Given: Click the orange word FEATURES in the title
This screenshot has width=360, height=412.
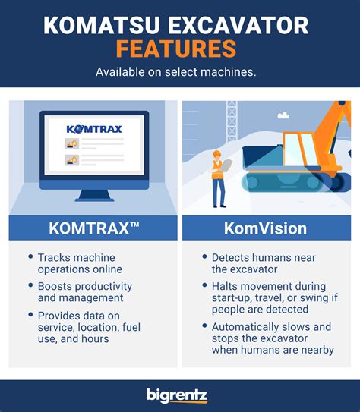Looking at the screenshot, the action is [x=176, y=49].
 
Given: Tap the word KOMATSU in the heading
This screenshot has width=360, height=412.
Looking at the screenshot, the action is [x=102, y=25].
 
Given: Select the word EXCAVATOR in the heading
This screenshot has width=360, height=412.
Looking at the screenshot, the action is [x=238, y=25].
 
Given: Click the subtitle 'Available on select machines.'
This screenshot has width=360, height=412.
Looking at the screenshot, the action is [x=176, y=72].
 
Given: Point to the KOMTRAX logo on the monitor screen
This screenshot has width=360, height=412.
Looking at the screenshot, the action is [x=94, y=129].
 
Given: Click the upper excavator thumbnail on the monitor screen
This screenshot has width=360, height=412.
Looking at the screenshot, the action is [x=72, y=143].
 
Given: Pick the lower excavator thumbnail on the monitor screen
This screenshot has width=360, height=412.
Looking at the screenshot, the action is [x=72, y=160].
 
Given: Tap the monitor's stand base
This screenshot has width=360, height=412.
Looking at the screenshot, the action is [x=94, y=200].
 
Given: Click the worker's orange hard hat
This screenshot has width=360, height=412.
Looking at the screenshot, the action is [x=217, y=153].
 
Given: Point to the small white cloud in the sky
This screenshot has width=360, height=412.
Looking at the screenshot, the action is [x=283, y=115].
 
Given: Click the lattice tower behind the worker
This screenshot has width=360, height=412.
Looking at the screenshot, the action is [x=232, y=121].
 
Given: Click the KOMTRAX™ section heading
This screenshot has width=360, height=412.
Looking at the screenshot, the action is [x=94, y=228].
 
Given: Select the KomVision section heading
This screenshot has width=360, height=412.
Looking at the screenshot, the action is [x=266, y=228].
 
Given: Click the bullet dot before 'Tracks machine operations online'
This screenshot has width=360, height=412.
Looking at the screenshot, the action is [x=30, y=256].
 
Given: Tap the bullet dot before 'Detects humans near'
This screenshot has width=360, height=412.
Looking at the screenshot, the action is [x=204, y=256].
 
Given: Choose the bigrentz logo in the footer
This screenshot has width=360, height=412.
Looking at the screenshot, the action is [x=177, y=395].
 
